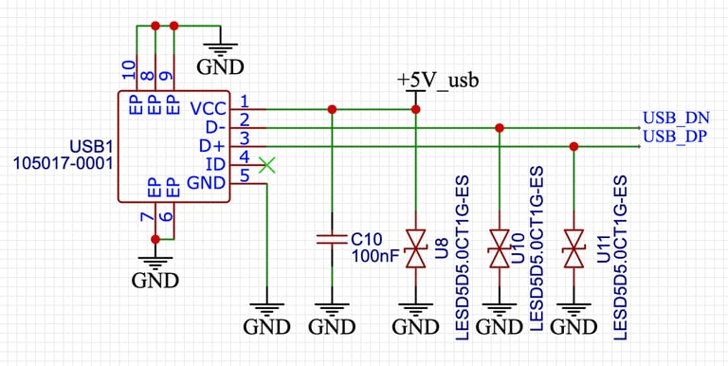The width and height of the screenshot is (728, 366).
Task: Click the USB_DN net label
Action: [x=676, y=119]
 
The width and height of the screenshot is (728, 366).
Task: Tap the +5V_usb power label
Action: [x=438, y=80]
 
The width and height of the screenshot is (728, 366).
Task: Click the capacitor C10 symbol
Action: [x=332, y=241]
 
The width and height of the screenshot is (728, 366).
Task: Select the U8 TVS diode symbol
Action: [x=415, y=249]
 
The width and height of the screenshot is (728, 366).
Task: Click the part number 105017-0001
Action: [x=63, y=164]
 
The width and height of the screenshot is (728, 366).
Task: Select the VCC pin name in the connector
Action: [x=208, y=109]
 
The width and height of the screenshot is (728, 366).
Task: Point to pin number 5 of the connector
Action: [x=245, y=175]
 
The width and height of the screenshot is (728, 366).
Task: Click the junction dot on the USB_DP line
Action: [x=573, y=146]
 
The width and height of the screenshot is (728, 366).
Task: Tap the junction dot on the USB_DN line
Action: [x=500, y=127]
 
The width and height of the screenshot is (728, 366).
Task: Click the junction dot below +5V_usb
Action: [x=415, y=109]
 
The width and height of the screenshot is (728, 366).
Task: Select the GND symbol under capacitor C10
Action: [x=332, y=317]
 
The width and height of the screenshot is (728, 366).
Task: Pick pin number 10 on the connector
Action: [x=130, y=69]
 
